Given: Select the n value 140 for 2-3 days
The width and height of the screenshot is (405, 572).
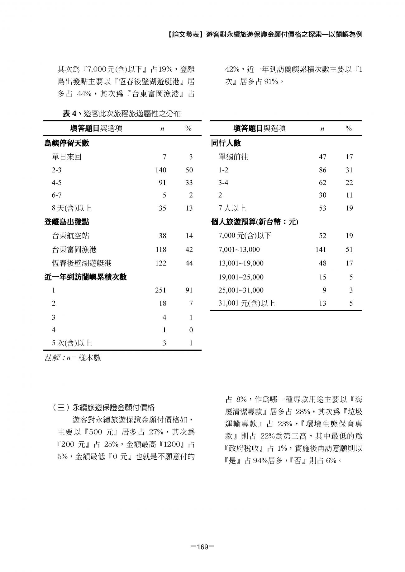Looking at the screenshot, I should (161, 170).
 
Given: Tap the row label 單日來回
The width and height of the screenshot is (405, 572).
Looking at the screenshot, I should (67, 157).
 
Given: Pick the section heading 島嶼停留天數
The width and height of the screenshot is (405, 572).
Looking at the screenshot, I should (67, 143).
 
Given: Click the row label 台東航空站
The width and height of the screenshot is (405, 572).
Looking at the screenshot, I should (70, 236).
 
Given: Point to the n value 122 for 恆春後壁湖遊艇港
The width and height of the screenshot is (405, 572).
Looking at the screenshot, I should (161, 263).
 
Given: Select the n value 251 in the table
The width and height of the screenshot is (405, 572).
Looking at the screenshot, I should (161, 290).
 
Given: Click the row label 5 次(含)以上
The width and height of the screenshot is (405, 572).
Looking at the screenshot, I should (72, 343).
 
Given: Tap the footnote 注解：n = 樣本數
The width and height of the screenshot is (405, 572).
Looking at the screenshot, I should (73, 358).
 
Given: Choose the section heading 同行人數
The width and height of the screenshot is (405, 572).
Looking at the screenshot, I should (226, 143).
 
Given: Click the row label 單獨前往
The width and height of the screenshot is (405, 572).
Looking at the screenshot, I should (233, 157).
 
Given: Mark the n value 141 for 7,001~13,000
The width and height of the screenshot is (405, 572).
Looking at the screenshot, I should (321, 249).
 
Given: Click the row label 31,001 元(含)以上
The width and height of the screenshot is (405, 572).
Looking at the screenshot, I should (247, 303).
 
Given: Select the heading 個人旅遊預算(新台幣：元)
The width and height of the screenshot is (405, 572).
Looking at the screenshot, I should (255, 222).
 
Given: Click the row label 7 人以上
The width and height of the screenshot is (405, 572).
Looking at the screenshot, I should (232, 208).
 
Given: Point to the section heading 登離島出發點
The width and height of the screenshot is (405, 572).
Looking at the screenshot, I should (67, 222).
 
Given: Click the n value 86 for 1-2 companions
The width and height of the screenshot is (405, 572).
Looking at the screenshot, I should (322, 170).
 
